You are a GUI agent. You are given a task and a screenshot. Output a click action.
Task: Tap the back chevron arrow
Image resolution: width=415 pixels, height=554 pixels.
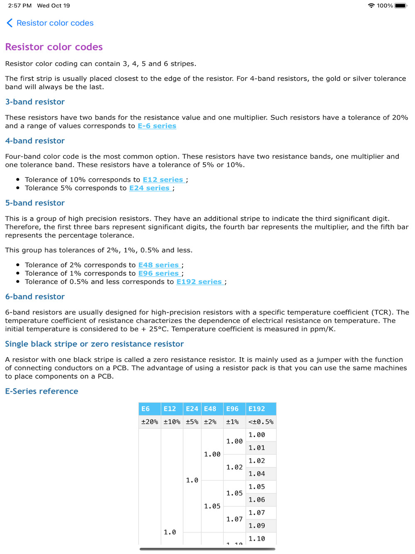coord(10,23)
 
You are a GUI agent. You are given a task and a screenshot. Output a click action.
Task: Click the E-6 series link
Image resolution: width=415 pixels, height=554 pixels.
coord(157,126)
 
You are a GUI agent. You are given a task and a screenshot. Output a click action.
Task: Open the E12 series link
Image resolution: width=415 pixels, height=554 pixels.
coord(163,179)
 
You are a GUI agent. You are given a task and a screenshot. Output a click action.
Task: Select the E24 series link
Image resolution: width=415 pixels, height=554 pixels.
coord(149,188)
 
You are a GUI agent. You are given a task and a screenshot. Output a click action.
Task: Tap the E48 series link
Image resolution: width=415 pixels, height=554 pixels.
coord(159,265)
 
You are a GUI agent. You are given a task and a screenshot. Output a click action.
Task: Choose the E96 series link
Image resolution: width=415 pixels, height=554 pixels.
coord(159,273)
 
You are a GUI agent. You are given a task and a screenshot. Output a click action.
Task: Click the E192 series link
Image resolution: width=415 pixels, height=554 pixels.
coord(199,282)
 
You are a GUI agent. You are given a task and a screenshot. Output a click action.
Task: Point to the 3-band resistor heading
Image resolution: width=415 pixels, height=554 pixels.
coord(35,102)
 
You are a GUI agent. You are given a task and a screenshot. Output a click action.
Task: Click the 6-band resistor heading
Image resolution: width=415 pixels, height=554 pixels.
coord(35,297)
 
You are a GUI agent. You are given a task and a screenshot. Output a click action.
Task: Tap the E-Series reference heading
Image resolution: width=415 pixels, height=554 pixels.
coord(41,391)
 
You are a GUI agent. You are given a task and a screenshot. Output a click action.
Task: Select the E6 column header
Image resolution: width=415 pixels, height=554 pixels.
coord(146,409)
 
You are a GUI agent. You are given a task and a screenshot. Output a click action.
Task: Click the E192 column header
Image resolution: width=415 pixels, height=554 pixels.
coord(256,409)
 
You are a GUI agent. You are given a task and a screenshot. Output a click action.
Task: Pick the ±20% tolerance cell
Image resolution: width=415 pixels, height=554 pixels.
coord(149,422)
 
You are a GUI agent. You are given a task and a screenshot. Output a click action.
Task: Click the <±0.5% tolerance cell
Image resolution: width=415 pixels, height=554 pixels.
coord(261,422)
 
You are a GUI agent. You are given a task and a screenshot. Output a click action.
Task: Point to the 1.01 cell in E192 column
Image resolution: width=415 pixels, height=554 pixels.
coord(256,448)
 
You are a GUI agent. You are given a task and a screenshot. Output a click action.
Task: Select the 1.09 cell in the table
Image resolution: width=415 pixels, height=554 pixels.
coord(256,526)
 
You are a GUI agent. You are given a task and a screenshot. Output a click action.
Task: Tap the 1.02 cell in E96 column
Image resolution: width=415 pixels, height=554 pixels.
coord(234,467)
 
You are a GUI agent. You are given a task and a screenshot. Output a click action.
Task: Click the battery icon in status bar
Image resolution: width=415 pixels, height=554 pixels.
coord(401,6)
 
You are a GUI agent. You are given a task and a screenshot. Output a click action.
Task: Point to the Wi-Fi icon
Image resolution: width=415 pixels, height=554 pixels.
coord(371,6)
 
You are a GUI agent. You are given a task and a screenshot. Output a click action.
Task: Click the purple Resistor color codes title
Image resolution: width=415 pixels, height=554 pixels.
coord(54,47)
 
